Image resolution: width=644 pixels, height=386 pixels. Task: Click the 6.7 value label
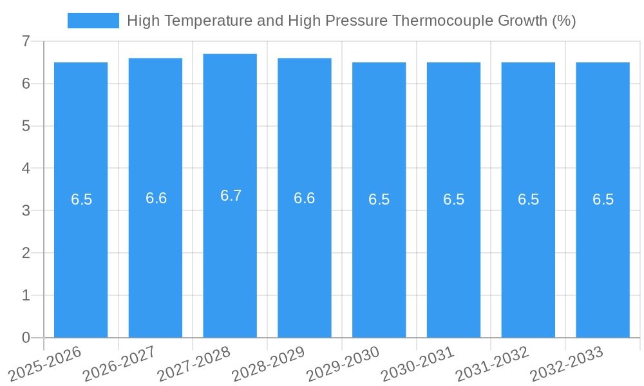pyautogui.click(x=231, y=196)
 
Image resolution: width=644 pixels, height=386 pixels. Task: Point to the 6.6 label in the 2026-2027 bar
pyautogui.click(x=156, y=198)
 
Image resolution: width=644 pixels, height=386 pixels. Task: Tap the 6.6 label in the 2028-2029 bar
pyautogui.click(x=304, y=198)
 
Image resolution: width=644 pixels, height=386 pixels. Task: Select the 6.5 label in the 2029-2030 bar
pyautogui.click(x=379, y=199)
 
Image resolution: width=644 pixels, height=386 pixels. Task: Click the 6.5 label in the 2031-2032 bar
pyautogui.click(x=528, y=199)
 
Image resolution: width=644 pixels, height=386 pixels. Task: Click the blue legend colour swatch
pyautogui.click(x=93, y=21)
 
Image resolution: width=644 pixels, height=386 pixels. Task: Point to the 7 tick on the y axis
pyautogui.click(x=26, y=41)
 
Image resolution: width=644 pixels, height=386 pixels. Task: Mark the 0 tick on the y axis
pyautogui.click(x=26, y=338)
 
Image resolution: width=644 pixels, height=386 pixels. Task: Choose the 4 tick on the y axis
pyautogui.click(x=26, y=168)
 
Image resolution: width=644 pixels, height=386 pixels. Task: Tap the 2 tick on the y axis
pyautogui.click(x=26, y=253)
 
